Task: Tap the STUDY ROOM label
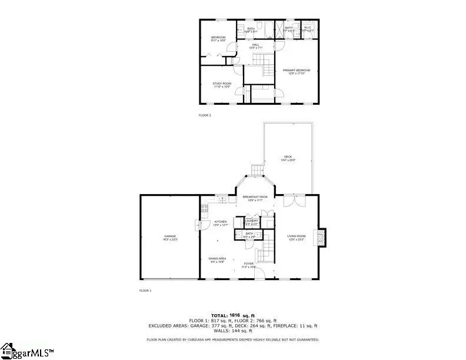tap(222, 84)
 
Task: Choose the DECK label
tap(288, 156)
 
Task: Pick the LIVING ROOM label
tap(296, 236)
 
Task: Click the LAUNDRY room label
tap(251, 221)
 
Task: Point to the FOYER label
tap(249, 264)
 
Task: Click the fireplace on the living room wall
tap(321, 237)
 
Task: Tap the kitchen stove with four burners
tap(205, 208)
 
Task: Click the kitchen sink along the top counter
tap(224, 201)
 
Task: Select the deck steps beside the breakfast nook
tap(257, 170)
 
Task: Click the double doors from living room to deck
tap(291, 201)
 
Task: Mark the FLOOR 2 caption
tap(204, 115)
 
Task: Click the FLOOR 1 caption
tap(145, 291)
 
